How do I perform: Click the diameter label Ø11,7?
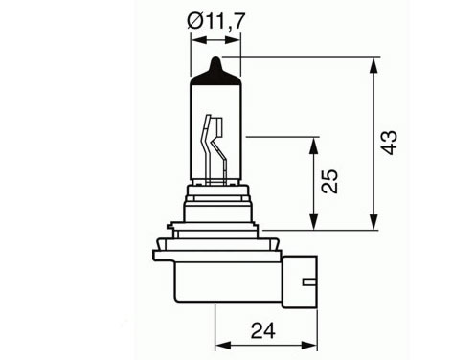[215, 21]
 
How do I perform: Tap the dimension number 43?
[389, 143]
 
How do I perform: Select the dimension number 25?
[329, 181]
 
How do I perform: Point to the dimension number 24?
[262, 330]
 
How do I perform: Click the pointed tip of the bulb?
[216, 57]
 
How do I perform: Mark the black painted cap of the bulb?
[215, 74]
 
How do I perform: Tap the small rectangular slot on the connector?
[309, 282]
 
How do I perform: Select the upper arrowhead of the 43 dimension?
[373, 67]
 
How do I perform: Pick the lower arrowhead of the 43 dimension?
[373, 221]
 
